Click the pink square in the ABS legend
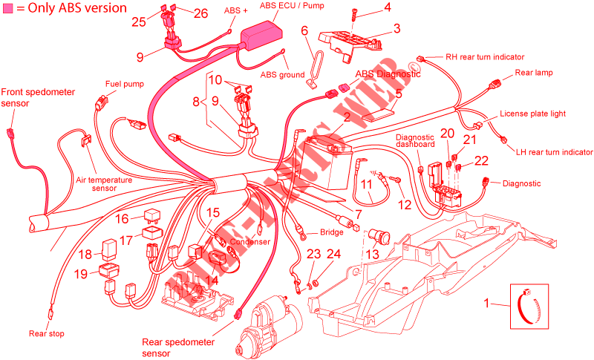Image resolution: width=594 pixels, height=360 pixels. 7,7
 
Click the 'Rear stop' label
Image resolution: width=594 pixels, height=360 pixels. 47,334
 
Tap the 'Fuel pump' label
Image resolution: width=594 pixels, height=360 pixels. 125,84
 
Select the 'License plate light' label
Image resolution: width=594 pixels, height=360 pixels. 533,114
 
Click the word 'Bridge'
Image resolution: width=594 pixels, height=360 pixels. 331,232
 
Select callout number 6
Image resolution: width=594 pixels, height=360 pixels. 304,30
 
